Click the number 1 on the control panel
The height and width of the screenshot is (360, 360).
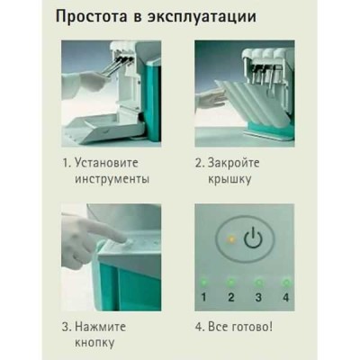coord(204,295)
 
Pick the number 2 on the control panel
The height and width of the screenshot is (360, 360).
coord(230,295)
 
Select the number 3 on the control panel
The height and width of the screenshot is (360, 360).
coord(258,295)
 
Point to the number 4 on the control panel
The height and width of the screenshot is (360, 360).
coord(285,295)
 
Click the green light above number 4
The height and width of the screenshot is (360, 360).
coord(285,279)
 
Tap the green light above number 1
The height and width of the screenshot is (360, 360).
coord(204,279)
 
